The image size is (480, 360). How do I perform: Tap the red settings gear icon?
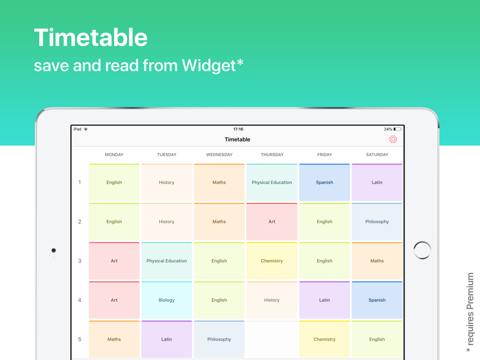pos(393,139)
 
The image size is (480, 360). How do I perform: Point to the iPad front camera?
pos(54,251)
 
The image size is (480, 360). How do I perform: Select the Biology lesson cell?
pos(167,300)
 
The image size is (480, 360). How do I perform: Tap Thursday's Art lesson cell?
pos(272,222)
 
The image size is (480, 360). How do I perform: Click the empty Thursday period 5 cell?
pos(272,339)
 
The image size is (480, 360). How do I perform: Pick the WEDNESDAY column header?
pos(219,155)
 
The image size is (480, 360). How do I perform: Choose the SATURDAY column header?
pos(377,155)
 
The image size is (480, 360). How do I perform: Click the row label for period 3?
pos(80,261)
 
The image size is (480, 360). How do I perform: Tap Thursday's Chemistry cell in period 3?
pos(272,261)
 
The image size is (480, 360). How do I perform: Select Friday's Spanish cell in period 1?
pos(324,182)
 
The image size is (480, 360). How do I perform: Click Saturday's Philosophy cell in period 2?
pos(377,222)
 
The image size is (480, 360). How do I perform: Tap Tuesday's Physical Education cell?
pos(167,261)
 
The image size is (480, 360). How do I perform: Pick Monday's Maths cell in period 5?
pos(114,339)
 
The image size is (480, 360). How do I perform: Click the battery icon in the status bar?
pos(397,129)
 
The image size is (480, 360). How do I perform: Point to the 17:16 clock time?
pos(238,129)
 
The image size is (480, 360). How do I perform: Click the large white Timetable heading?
pos(91,37)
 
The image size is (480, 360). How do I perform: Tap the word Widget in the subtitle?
pos(209,65)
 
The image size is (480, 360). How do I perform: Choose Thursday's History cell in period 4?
pos(272,300)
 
